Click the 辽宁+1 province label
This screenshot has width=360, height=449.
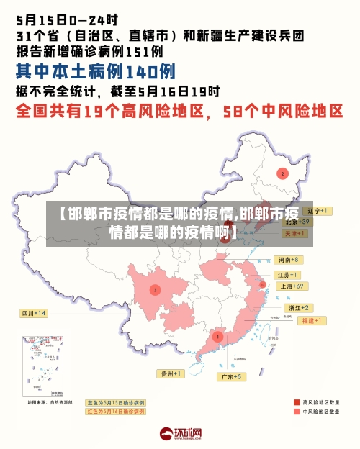(315, 211)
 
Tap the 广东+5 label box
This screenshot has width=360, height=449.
(232, 376)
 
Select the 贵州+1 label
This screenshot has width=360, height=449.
(171, 373)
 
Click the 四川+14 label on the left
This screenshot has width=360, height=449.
(33, 313)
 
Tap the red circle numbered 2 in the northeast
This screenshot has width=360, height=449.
(283, 173)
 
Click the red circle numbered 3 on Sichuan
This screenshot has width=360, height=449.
(154, 290)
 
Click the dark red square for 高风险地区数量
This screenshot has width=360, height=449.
(296, 402)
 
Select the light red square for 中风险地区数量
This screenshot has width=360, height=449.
(296, 412)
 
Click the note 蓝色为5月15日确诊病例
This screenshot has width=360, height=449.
(116, 402)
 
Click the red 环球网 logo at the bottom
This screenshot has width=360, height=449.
(180, 433)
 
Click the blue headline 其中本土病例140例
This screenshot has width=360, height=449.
(96, 71)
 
